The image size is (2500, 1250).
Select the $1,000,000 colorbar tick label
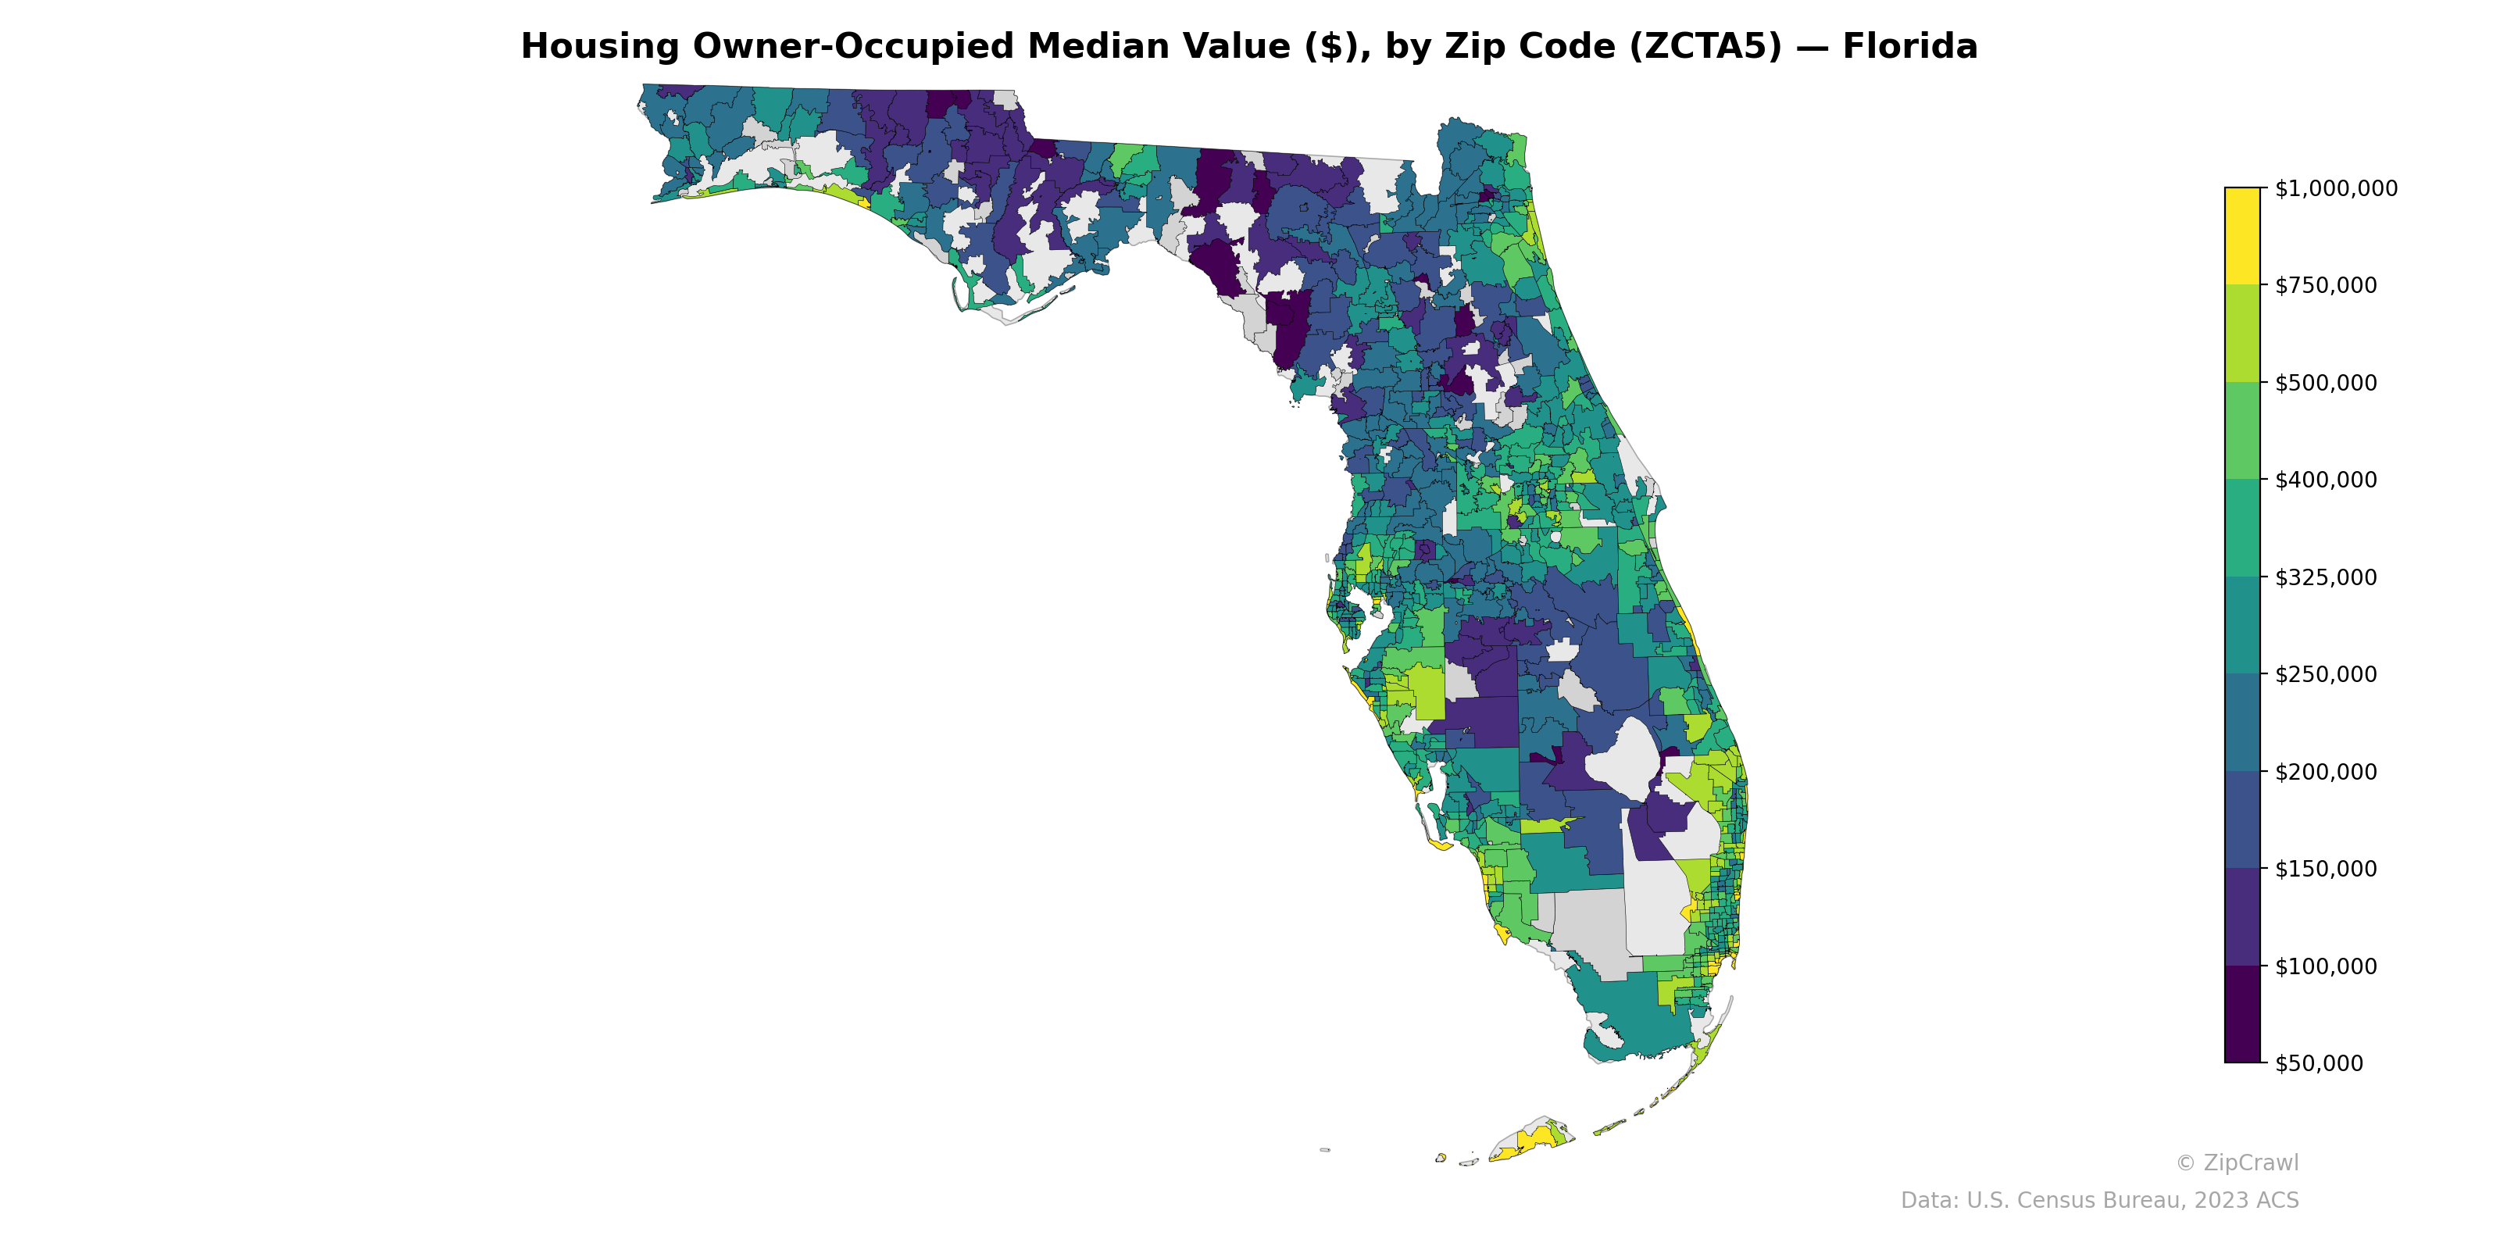(2335, 188)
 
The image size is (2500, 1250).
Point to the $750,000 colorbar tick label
(2325, 285)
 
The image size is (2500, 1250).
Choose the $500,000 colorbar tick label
(2325, 382)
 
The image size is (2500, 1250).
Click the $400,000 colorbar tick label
(2325, 480)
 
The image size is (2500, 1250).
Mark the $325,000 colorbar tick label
(2325, 577)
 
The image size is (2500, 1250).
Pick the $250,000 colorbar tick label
(2325, 674)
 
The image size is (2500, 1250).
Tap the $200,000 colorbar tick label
(2325, 772)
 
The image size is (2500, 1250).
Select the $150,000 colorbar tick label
(2325, 869)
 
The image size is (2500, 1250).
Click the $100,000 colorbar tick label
(2325, 966)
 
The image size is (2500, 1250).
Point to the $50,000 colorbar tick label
(2320, 1063)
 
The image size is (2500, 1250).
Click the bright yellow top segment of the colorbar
(2242, 236)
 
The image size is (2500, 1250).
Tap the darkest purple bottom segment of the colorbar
(2242, 1014)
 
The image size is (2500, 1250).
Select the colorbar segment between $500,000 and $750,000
(2242, 333)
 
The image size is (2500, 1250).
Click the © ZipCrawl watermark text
(2237, 1162)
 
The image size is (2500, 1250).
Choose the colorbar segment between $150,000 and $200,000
(2242, 820)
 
